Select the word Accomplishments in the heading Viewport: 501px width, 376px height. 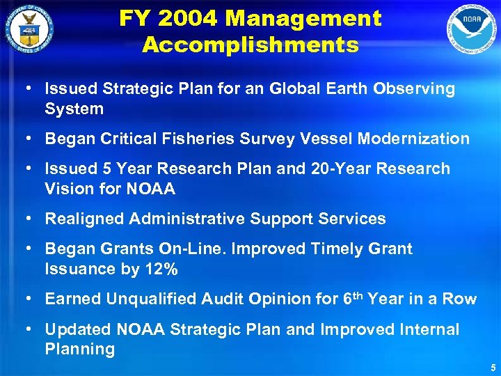coord(250,45)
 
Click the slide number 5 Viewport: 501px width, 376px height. coord(493,367)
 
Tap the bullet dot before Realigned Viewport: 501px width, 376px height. coord(25,219)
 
